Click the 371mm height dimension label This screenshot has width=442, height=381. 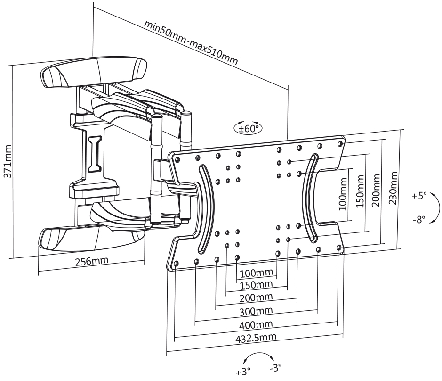pos(8,161)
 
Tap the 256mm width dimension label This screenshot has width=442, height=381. pos(92,261)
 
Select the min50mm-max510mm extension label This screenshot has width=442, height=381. pos(191,42)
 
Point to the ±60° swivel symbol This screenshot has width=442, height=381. pos(248,129)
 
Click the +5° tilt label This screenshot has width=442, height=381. pos(419,195)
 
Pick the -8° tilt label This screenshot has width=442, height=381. pos(419,219)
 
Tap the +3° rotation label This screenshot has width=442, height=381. pos(243,372)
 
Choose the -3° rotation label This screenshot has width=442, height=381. pos(275,368)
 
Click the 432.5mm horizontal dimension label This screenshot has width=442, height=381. pos(256,337)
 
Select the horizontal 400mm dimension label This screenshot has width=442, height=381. pos(256,324)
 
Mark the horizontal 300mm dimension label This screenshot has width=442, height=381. pos(256,311)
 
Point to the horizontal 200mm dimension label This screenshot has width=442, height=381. pos(256,298)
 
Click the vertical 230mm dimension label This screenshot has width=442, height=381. pos(393,188)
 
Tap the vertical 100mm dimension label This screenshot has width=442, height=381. pos(342,194)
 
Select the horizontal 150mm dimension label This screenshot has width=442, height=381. pos(256,285)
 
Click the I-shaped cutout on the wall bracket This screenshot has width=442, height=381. pos(95,153)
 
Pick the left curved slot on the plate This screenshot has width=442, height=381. pos(206,209)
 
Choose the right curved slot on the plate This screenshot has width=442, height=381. pos(309,198)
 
